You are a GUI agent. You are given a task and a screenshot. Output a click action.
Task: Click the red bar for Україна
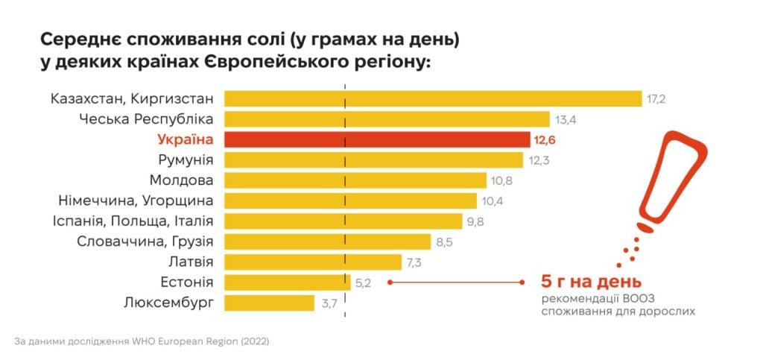pyautogui.click(x=376, y=139)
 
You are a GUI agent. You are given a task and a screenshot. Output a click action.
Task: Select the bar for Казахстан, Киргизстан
pyautogui.click(x=433, y=98)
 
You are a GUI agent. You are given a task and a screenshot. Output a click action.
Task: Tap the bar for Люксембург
pyautogui.click(x=269, y=303)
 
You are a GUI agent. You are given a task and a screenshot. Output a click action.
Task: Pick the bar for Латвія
pyautogui.click(x=313, y=262)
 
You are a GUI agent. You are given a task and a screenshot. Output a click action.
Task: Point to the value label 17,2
pyautogui.click(x=656, y=98)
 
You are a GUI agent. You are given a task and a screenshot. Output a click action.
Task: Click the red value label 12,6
pyautogui.click(x=545, y=139)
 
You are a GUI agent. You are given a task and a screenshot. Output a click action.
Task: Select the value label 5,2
pyautogui.click(x=363, y=282)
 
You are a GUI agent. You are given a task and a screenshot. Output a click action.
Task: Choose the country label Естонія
pyautogui.click(x=187, y=282)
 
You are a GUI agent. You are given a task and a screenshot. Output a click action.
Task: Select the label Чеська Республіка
pyautogui.click(x=146, y=119)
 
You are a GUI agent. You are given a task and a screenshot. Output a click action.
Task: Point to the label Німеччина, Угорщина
pyautogui.click(x=136, y=200)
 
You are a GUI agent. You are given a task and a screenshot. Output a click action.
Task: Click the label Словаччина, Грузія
pyautogui.click(x=145, y=241)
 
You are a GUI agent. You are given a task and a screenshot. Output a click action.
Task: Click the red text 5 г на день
pyautogui.click(x=590, y=282)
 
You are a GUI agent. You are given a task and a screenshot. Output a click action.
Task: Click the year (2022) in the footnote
pyautogui.click(x=254, y=341)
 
